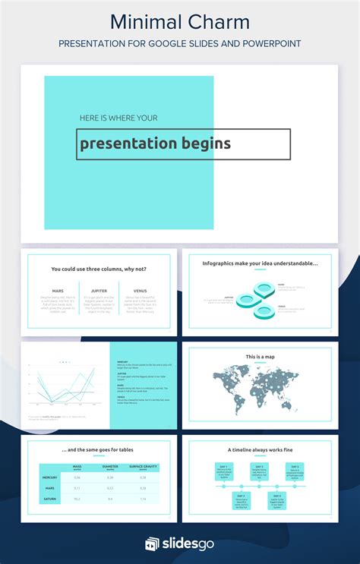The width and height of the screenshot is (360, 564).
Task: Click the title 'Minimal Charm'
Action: click(179, 20)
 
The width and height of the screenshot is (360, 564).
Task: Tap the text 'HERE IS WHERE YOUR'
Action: click(118, 118)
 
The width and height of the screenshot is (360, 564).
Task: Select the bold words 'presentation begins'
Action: click(155, 143)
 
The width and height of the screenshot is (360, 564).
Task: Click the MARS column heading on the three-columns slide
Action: click(58, 291)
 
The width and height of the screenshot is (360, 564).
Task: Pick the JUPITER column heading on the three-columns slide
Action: click(99, 291)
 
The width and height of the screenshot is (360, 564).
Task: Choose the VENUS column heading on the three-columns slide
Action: click(140, 291)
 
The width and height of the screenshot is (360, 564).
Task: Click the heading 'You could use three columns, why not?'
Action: click(99, 269)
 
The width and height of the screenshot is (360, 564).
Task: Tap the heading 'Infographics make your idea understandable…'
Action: click(260, 263)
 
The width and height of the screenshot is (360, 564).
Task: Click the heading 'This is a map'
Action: click(260, 357)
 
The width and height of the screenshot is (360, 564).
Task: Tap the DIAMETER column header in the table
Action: click(110, 468)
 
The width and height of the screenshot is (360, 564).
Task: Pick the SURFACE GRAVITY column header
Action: click(144, 468)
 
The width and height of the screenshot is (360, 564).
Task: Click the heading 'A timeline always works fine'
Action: click(260, 449)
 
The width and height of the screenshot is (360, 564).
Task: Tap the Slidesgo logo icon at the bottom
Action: click(152, 544)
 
